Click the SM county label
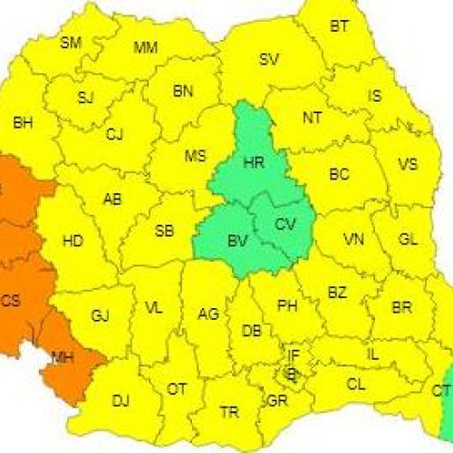coord(71,42)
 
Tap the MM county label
coord(145,48)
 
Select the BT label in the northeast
coord(339,26)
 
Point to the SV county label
coord(269,60)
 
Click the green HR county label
coord(255,163)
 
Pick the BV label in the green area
coord(238,241)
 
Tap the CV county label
coord(284,223)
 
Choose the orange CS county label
coord(11,302)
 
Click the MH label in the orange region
coord(63,358)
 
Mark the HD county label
coord(72,241)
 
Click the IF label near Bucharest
coord(294,354)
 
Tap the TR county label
coord(229,411)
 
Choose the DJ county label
coord(120,400)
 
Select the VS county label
coord(408,165)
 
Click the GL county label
coord(408,239)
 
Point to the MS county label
coord(196,156)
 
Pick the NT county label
coord(313,117)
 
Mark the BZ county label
coord(337,293)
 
